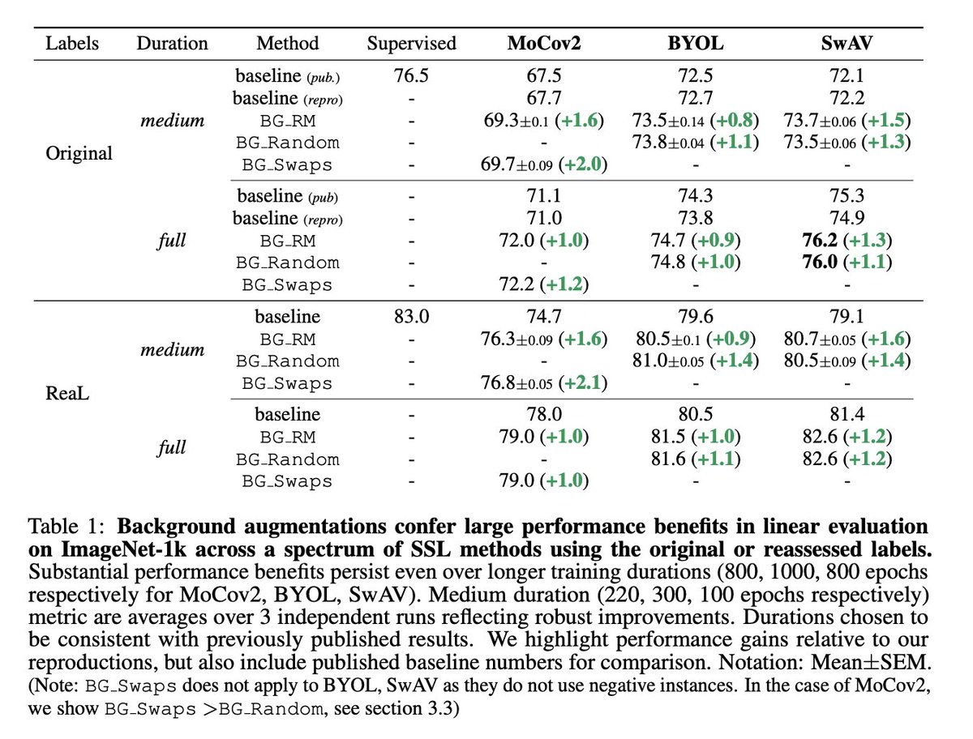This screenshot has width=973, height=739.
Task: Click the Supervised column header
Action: tap(411, 43)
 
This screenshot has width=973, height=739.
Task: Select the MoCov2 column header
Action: tap(543, 43)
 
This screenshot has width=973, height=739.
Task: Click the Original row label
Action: tap(79, 152)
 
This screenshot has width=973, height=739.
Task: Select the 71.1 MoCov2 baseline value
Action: tap(543, 196)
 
